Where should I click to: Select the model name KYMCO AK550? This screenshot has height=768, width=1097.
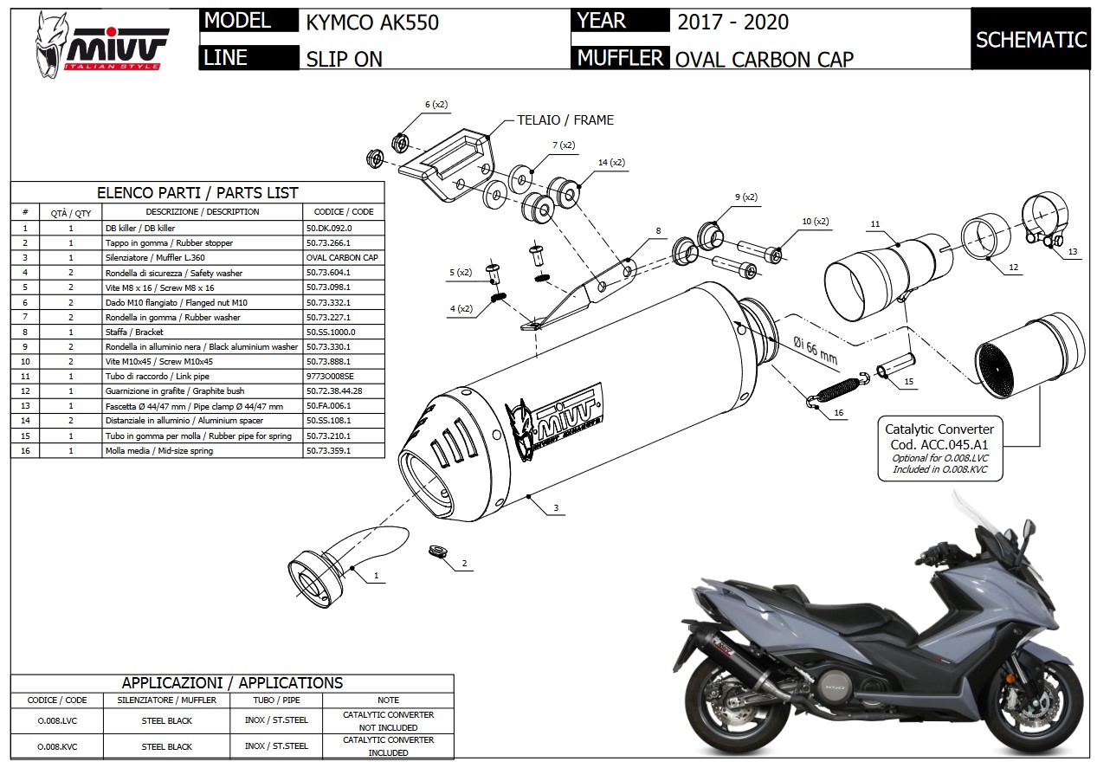pyautogui.click(x=372, y=22)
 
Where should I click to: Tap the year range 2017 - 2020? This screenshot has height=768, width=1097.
pyautogui.click(x=732, y=22)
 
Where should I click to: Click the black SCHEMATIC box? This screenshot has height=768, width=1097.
pyautogui.click(x=1030, y=39)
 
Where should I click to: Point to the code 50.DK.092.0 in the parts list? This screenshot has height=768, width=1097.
pyautogui.click(x=329, y=228)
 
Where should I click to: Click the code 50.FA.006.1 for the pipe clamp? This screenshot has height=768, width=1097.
pyautogui.click(x=329, y=406)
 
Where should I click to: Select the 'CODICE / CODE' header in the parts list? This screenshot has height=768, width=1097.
pyautogui.click(x=344, y=212)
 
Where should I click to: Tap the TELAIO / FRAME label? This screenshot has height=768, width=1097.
pyautogui.click(x=565, y=120)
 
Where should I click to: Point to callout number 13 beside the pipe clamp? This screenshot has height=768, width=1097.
pyautogui.click(x=1073, y=252)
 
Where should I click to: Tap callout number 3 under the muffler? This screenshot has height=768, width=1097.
pyautogui.click(x=556, y=508)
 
